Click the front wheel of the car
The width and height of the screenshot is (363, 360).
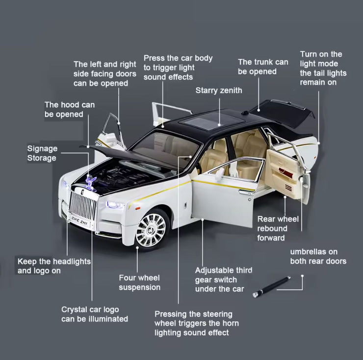[151, 229]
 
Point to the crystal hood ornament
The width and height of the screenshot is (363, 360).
[91, 182]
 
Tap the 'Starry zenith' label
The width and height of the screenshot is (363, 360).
[219, 90]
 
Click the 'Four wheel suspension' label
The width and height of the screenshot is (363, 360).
[139, 282]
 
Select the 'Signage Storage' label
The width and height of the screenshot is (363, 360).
[42, 153]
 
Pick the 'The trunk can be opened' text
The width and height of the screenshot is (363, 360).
[263, 67]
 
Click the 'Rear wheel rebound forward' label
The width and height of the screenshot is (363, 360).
[278, 228]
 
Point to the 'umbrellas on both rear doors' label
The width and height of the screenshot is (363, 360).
[318, 256]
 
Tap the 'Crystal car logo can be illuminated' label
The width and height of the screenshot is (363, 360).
[94, 314]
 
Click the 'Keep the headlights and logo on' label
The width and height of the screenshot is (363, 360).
[54, 266]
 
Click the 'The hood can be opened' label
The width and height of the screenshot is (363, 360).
[69, 110]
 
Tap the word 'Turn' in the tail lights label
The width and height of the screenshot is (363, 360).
[310, 54]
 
